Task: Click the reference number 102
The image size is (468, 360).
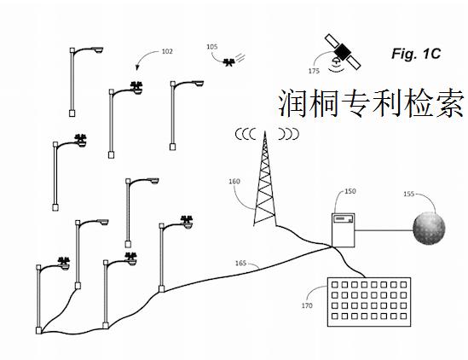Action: (166, 53)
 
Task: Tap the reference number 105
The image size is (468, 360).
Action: (212, 47)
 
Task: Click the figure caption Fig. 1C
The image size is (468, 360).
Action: (415, 54)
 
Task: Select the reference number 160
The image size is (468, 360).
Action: (234, 182)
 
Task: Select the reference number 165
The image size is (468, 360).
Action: (241, 264)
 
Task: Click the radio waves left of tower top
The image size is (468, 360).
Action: (246, 133)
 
